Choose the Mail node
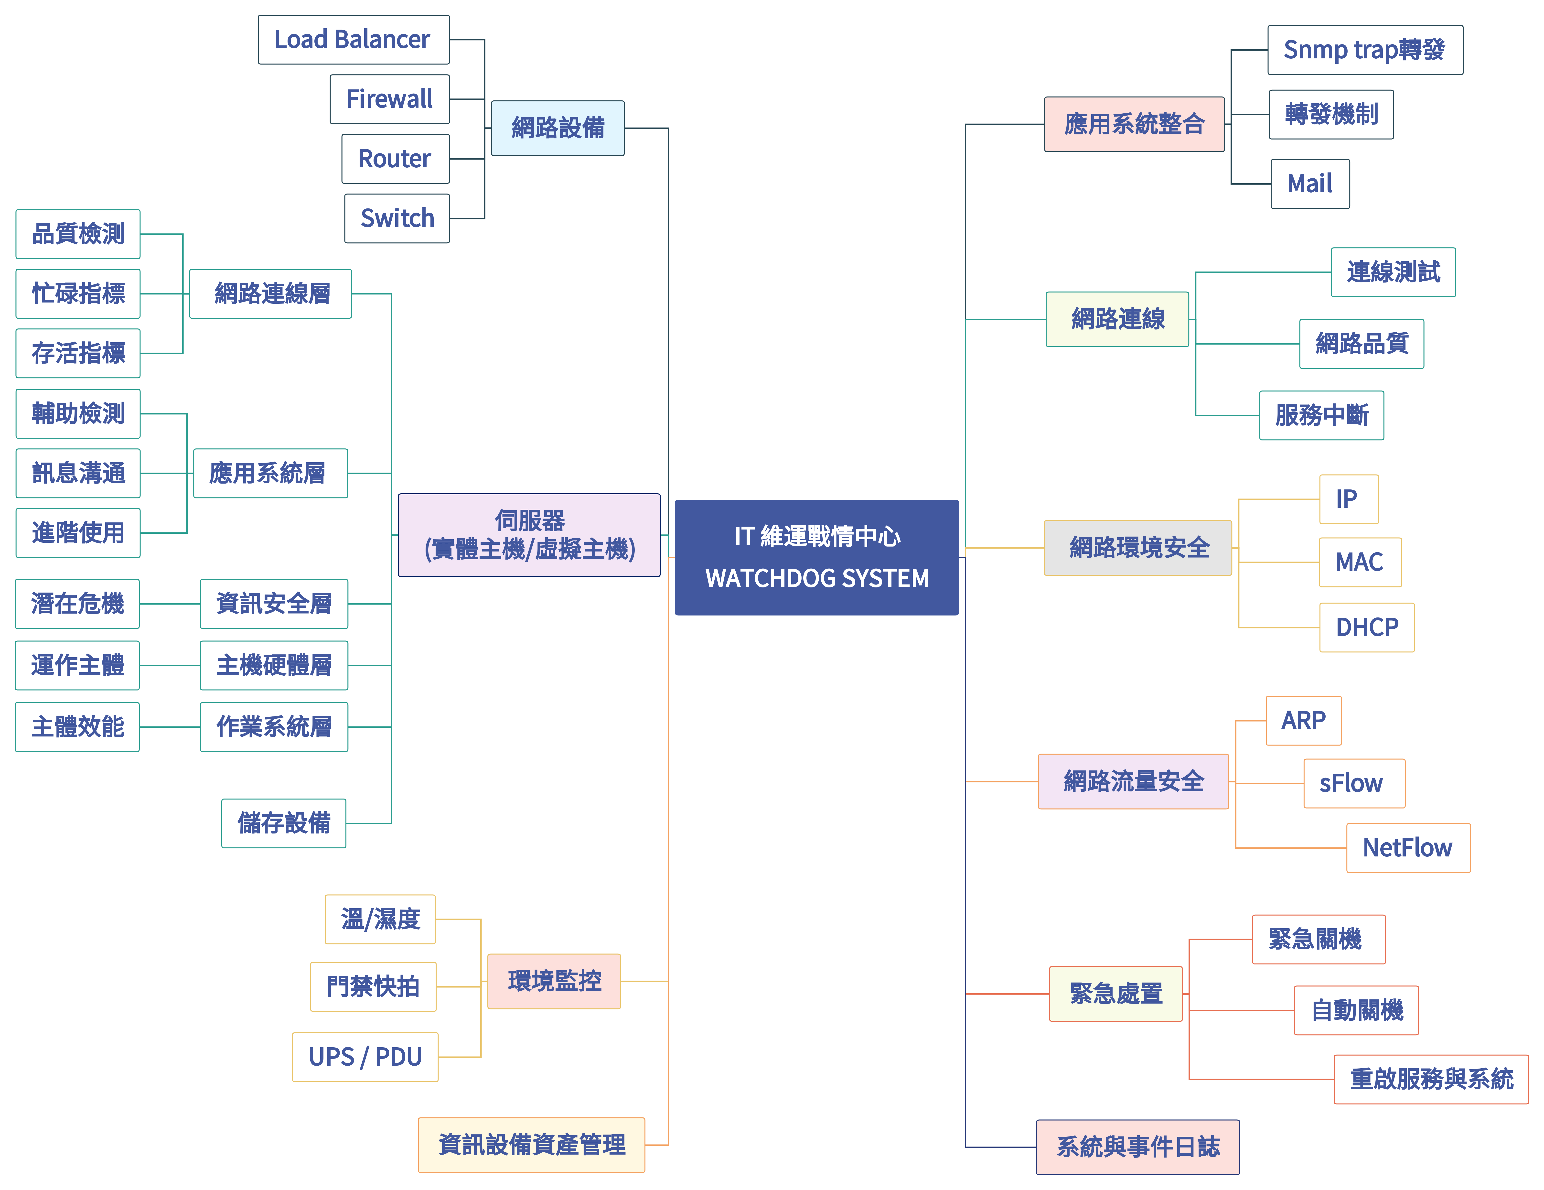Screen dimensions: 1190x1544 coord(1309,184)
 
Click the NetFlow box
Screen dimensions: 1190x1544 coord(1408,848)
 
